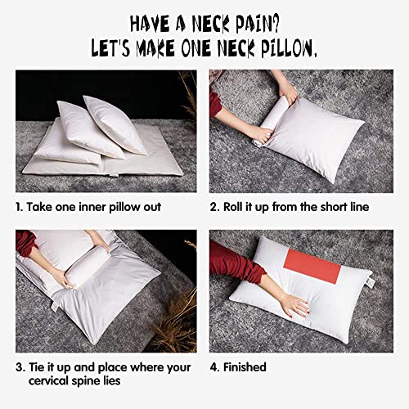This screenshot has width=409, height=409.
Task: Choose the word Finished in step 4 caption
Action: [x=246, y=367]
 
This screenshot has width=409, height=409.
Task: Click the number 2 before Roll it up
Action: [x=214, y=207]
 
